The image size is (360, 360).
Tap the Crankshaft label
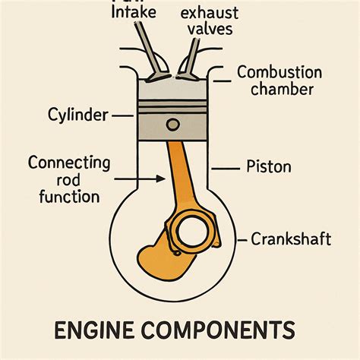tap(292, 240)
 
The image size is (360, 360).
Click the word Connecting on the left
tap(69, 163)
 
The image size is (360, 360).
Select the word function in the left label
tap(68, 197)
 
